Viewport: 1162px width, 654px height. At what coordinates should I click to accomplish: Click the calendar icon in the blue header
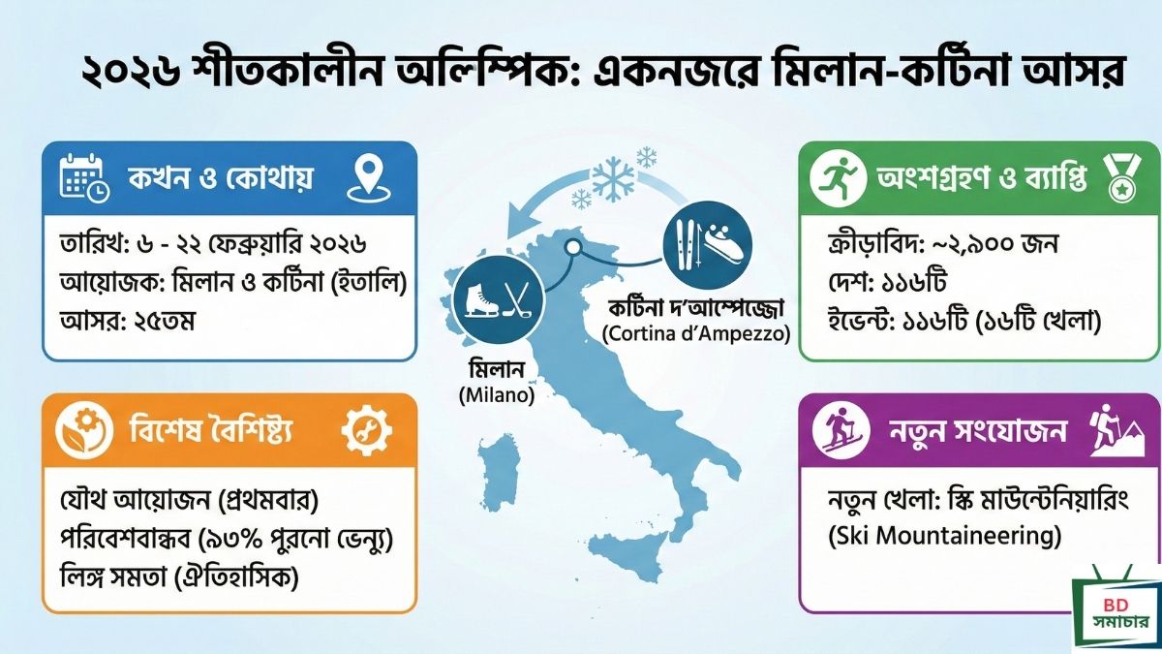pos(84,177)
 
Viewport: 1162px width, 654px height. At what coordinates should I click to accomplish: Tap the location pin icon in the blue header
pos(368,179)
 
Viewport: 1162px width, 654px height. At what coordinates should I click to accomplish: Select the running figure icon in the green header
pos(838,179)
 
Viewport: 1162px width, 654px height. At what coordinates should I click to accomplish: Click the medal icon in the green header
pos(1122,179)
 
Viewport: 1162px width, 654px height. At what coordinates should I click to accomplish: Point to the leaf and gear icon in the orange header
pos(84,432)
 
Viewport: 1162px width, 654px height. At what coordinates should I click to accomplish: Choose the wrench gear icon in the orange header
pos(367,432)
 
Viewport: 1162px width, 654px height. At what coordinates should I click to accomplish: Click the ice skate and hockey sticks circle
pos(499,299)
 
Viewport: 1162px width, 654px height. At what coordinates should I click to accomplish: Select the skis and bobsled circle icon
pos(708,245)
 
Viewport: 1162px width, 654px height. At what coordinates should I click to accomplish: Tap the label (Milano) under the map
pos(497,395)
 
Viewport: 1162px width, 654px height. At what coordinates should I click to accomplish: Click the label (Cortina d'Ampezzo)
pos(696,333)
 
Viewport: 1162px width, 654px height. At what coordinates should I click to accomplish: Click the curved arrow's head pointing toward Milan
pos(520,220)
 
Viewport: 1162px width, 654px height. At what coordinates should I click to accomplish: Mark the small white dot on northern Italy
pos(572,248)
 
